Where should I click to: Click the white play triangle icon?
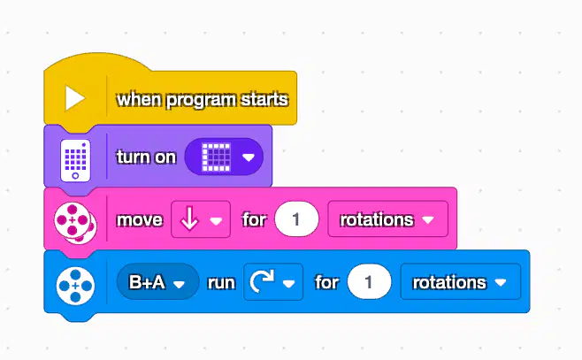pyautogui.click(x=74, y=98)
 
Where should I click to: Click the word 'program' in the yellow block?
pyautogui.click(x=201, y=100)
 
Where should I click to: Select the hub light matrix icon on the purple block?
pyautogui.click(x=75, y=160)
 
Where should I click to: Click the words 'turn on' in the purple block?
pyautogui.click(x=146, y=157)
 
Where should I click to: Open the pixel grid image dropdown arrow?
pyautogui.click(x=249, y=157)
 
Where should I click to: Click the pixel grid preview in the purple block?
pyautogui.click(x=216, y=157)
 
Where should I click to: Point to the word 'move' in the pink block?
pyautogui.click(x=140, y=219)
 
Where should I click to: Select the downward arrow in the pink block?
pyautogui.click(x=189, y=219)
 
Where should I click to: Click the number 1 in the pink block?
pyautogui.click(x=295, y=219)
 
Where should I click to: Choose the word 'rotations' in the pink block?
pyautogui.click(x=377, y=219)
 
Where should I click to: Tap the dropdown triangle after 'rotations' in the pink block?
pyautogui.click(x=428, y=220)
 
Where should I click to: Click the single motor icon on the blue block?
pyautogui.click(x=75, y=286)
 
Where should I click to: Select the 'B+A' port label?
pyautogui.click(x=147, y=282)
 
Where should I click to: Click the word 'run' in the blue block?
pyautogui.click(x=221, y=283)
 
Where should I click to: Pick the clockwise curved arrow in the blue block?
pyautogui.click(x=262, y=281)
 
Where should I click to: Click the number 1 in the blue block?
pyautogui.click(x=368, y=282)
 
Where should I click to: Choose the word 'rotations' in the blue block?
pyautogui.click(x=449, y=282)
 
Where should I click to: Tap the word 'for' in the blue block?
pyautogui.click(x=326, y=282)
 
